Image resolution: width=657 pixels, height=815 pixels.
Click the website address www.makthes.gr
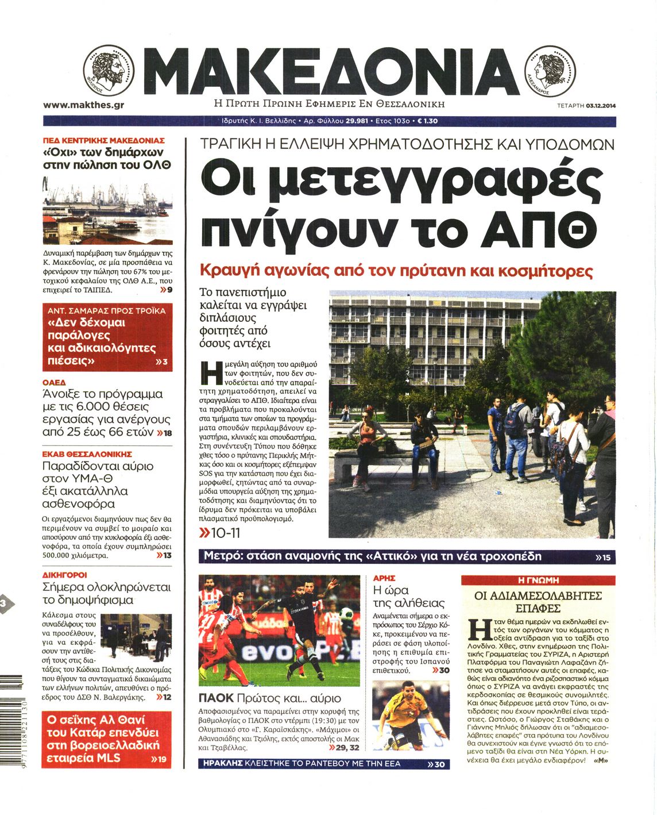click(x=84, y=105)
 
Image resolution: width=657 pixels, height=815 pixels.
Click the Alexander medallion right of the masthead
click(x=550, y=72)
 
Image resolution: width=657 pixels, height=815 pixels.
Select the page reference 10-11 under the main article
click(x=226, y=533)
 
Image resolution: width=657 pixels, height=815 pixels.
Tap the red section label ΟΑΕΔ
click(x=55, y=382)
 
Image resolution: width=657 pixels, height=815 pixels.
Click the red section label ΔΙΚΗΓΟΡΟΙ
click(x=65, y=575)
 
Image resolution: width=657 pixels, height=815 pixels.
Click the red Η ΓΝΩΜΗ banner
click(x=538, y=580)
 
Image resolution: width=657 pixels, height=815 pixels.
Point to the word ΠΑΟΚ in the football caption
click(x=216, y=698)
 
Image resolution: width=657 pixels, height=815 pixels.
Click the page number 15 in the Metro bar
click(x=606, y=558)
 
